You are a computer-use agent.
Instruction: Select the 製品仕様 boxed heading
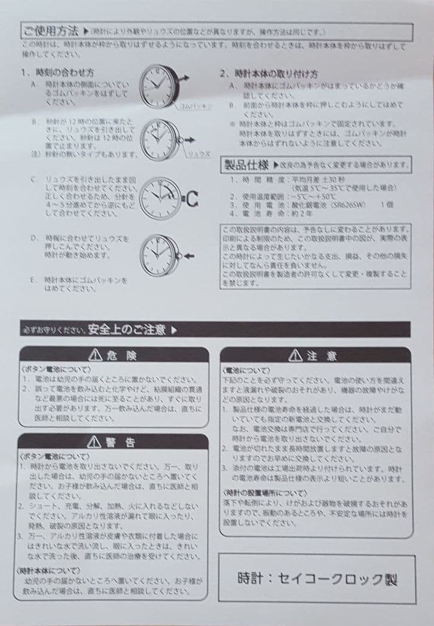[x=246, y=165]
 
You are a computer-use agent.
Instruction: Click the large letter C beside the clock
[x=192, y=200]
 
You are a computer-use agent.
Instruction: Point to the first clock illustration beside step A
[x=160, y=84]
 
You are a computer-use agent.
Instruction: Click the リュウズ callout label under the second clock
[x=198, y=154]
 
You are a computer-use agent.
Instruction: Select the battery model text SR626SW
[x=337, y=204]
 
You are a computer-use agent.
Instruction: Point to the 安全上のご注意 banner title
[x=128, y=329]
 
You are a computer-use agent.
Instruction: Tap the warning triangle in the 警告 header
[x=94, y=442]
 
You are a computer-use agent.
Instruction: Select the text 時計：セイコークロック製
[x=317, y=579]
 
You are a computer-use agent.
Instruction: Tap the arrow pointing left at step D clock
[x=188, y=255]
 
